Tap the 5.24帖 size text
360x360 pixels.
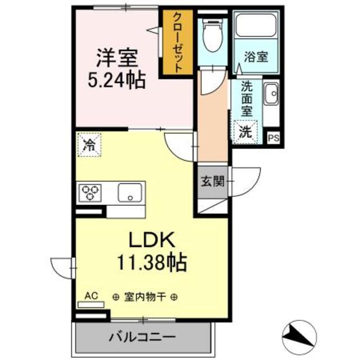(x=116, y=80)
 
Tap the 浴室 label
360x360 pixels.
(x=255, y=56)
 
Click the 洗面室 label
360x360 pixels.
(x=246, y=98)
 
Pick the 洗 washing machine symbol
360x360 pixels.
(x=245, y=132)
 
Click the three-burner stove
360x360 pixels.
(x=91, y=193)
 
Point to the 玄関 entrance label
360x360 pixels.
(x=212, y=182)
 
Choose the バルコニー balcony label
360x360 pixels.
(x=142, y=338)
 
